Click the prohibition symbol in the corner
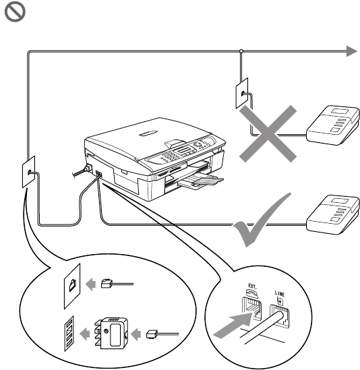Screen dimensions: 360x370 [15, 12]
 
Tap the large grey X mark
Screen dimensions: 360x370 [268, 133]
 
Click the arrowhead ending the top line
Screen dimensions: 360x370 [351, 51]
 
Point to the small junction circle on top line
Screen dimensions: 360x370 [241, 51]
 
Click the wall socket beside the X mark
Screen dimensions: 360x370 [242, 93]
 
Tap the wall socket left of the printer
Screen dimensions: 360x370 [28, 172]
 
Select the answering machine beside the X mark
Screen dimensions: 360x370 [333, 125]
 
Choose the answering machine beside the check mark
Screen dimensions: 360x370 [333, 215]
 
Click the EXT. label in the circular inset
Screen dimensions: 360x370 [252, 286]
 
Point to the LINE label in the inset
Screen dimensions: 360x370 [280, 293]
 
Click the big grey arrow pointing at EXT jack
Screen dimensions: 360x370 [233, 326]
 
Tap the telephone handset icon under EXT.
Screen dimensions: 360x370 [251, 293]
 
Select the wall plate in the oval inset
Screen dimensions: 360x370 [72, 286]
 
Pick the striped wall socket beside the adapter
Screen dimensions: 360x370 [69, 334]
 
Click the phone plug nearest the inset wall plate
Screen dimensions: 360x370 [107, 284]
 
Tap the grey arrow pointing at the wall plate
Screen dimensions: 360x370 [90, 284]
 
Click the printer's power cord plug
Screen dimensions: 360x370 [88, 168]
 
